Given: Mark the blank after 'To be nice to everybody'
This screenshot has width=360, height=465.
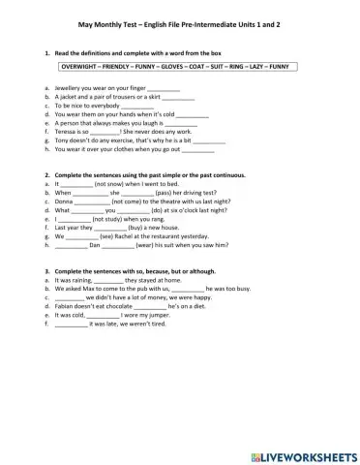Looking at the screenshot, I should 124,106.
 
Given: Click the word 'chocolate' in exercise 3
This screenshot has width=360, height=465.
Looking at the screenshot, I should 124,306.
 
